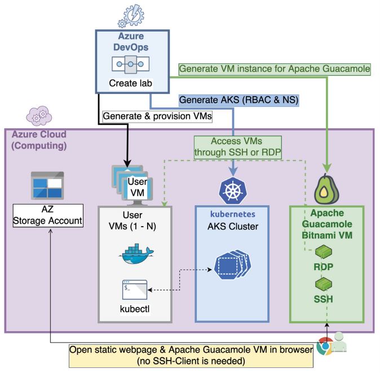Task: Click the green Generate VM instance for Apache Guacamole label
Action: pos(275,69)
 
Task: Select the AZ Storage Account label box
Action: pos(47,216)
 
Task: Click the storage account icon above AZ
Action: pos(47,185)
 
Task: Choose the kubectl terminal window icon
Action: pos(135,289)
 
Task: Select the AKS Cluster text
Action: pos(232,227)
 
